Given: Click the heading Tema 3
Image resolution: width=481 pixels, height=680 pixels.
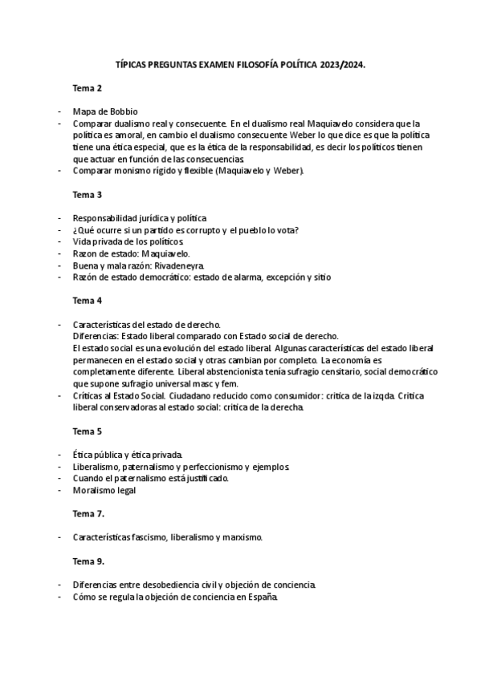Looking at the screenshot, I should (88, 194).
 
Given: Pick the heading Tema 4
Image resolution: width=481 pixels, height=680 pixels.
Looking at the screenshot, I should (88, 301).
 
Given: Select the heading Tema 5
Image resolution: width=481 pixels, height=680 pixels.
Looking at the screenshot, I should (88, 431).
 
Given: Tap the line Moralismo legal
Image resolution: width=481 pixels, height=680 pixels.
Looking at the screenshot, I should (104, 490).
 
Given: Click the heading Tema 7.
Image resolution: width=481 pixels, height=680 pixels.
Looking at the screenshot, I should (88, 513).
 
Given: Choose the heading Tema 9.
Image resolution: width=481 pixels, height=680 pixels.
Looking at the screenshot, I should (88, 561).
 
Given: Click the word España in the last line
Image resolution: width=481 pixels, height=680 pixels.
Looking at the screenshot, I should (261, 597).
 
